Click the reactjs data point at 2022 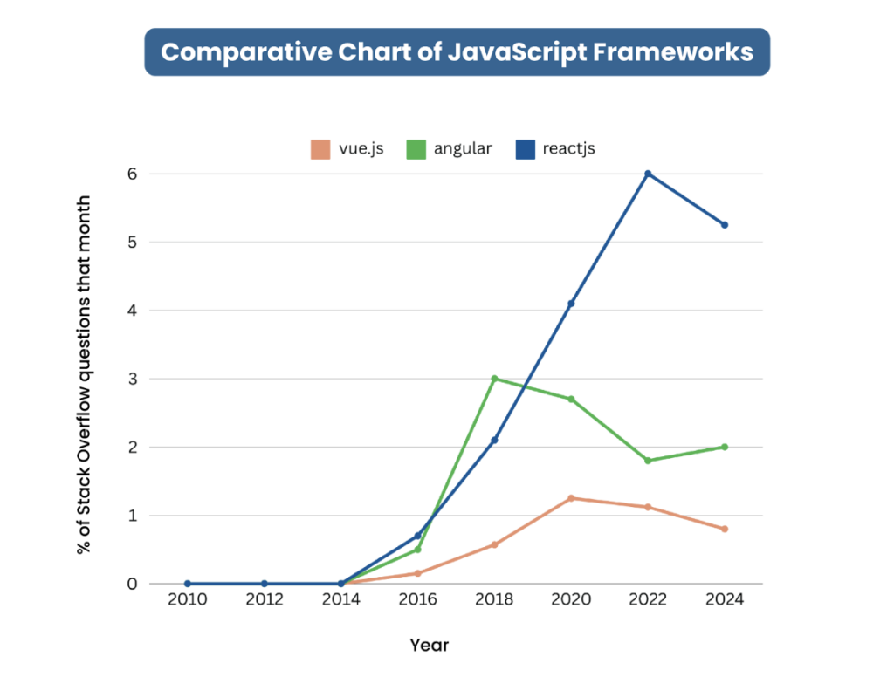coord(648,174)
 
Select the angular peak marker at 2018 coord(494,379)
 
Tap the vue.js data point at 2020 coord(571,498)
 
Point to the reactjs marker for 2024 coord(725,225)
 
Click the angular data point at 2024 coord(725,447)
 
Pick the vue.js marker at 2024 coord(725,529)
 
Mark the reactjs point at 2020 coord(571,304)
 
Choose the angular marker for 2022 coord(648,461)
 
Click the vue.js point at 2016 coord(417,573)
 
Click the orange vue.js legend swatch coord(320,149)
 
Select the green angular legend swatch coord(416,149)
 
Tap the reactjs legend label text coord(568,148)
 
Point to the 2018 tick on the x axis coord(494,600)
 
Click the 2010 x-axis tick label coord(187,600)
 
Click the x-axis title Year coord(430,646)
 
